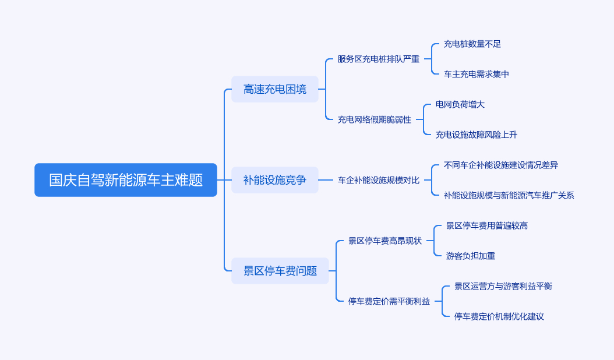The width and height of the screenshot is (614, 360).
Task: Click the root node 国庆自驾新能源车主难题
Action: [126, 180]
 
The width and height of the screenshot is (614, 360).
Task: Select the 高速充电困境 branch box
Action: [275, 89]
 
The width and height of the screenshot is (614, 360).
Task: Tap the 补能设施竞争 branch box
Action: [275, 180]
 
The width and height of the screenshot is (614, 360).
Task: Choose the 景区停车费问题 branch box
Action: [280, 271]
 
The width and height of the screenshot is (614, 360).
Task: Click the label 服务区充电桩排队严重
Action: [379, 59]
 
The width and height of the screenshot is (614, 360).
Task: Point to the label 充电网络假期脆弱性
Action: [375, 119]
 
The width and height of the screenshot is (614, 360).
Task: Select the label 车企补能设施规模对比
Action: [379, 180]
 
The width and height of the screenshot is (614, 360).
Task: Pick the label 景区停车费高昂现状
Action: [385, 241]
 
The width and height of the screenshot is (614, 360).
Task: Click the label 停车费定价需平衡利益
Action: [389, 301]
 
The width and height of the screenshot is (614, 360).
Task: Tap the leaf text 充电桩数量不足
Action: [472, 44]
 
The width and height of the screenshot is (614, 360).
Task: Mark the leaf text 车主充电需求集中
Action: [477, 74]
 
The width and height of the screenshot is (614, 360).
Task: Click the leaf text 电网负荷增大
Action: [460, 104]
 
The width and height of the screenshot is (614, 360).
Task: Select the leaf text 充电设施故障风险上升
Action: [477, 135]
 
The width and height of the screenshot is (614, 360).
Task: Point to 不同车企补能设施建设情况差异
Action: [501, 165]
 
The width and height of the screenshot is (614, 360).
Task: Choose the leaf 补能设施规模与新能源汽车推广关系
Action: [509, 195]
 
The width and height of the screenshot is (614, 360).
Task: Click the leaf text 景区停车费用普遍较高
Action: [487, 225]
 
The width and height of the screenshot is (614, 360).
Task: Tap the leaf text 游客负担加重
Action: [471, 256]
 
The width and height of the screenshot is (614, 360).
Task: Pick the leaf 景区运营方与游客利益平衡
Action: [503, 286]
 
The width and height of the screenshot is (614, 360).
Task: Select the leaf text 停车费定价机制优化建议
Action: [499, 316]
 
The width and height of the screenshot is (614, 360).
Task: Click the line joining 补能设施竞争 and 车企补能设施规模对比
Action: [326, 180]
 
